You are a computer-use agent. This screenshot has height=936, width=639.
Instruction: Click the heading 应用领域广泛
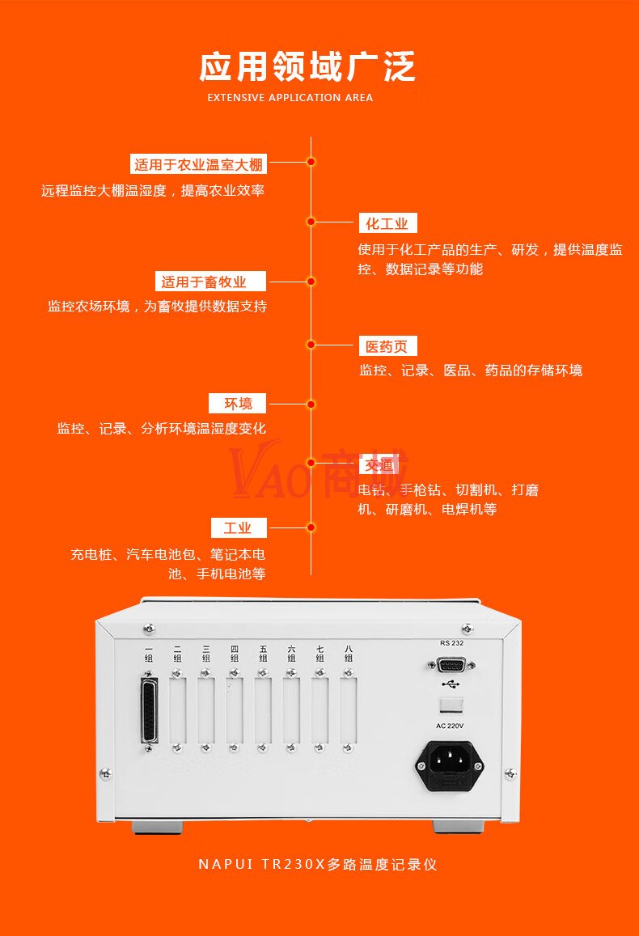[307, 66]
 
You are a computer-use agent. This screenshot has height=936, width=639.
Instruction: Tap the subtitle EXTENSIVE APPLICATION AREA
[290, 98]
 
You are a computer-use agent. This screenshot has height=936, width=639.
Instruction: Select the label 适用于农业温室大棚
[198, 165]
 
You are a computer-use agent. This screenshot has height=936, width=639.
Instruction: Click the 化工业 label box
[387, 224]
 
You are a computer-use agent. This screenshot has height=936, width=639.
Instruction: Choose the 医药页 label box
[387, 347]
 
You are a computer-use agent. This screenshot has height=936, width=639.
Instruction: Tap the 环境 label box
[239, 403]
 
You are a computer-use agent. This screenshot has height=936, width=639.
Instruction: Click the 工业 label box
[239, 528]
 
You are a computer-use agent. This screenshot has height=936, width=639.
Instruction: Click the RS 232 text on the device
[451, 643]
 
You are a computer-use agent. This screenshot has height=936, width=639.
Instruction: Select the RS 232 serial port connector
[451, 665]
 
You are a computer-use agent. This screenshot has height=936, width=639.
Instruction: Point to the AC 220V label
[451, 726]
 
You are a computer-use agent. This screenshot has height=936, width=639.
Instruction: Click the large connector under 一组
[149, 711]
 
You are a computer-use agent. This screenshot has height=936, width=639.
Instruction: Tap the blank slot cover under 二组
[177, 710]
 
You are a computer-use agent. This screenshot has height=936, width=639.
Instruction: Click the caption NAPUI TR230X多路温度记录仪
[318, 864]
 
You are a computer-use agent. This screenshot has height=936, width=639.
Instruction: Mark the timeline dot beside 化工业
[311, 221]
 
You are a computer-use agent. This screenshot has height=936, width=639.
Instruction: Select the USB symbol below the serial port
[451, 684]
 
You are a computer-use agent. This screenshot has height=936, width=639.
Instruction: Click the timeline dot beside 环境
[311, 404]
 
